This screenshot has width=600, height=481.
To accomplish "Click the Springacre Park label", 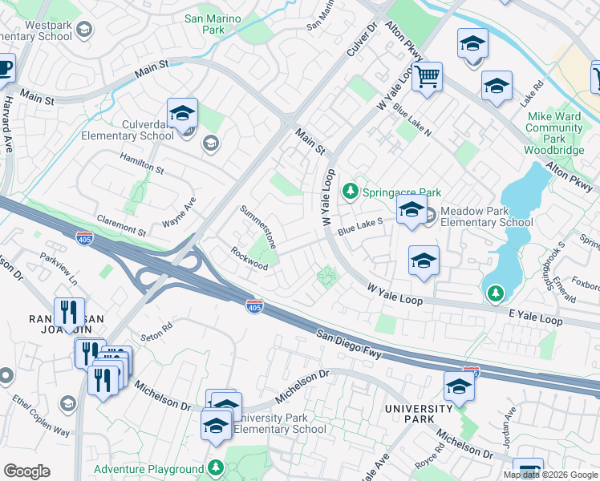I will [402, 192].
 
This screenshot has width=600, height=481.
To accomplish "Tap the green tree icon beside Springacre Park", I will [350, 192].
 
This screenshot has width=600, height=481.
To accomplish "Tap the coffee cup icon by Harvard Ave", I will [5, 67].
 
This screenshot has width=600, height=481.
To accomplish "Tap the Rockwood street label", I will [249, 258].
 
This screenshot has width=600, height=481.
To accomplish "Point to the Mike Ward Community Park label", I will [554, 133].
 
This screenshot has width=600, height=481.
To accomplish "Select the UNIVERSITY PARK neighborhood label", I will [419, 414].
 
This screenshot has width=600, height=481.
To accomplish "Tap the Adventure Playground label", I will [148, 469].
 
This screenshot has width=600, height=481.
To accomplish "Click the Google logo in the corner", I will [26, 471].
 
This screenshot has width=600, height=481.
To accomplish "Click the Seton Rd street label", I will [156, 328].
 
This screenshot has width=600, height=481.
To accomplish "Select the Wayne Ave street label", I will [179, 213].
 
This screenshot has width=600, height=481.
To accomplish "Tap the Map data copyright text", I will [550, 475].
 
